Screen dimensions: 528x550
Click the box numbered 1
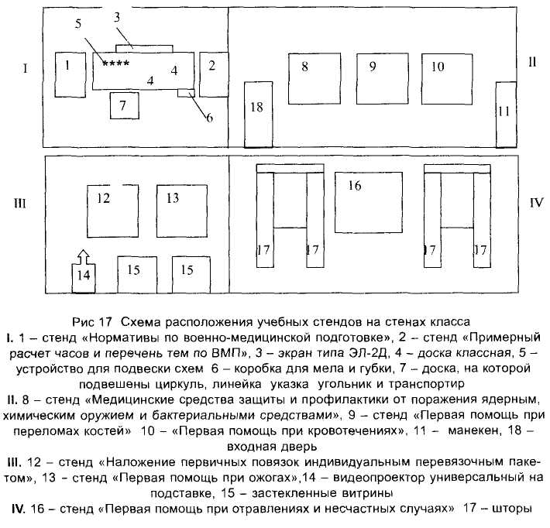point(68,74)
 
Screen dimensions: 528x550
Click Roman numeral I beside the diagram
point(26,69)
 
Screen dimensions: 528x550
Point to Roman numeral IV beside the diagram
point(535,205)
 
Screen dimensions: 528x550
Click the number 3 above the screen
point(116,16)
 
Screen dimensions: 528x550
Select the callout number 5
point(78,23)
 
